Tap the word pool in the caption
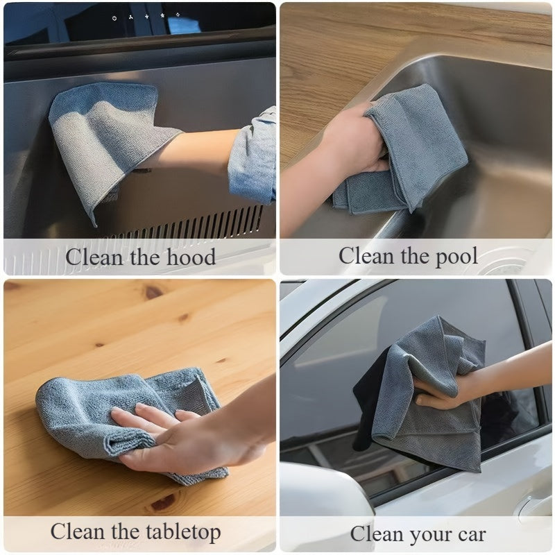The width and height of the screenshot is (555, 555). [452, 256]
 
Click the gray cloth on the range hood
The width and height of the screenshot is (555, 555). [104, 139]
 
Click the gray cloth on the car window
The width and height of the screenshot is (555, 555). [430, 395]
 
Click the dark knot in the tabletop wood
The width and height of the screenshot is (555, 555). [153, 293]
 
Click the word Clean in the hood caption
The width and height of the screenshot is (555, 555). [96, 257]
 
